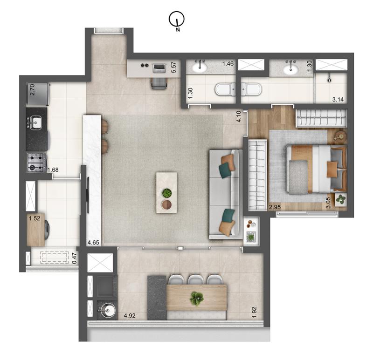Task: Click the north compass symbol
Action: coord(177,19)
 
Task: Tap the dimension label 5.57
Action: coord(173,67)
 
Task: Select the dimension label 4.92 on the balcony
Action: coord(130,316)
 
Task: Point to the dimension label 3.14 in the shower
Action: coord(338,99)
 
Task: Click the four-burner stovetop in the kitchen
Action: coord(36,163)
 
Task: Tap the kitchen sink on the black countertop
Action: coord(35,123)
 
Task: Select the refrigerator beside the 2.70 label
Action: coord(38,94)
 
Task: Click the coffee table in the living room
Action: coord(166,192)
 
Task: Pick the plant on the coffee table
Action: coord(167,193)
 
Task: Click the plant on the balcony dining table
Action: coord(197,298)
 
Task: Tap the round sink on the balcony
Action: coord(107,310)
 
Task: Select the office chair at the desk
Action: coord(159,83)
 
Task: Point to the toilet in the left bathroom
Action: coord(225,89)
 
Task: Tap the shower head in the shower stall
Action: coord(329,80)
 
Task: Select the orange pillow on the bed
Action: coord(332,169)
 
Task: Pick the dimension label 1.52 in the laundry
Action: coord(35,218)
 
